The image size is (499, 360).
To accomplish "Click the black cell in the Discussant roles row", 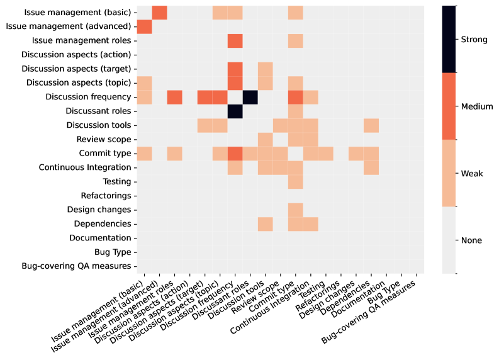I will click(235, 111).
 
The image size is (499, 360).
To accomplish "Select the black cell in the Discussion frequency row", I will click(250, 97).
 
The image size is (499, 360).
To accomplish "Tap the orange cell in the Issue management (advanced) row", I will click(144, 26).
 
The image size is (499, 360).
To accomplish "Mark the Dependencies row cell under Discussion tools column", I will click(265, 223).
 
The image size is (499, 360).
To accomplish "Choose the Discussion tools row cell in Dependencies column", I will click(371, 125).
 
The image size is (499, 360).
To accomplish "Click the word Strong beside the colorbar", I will click(474, 40).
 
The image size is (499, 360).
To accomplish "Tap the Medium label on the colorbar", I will click(476, 106).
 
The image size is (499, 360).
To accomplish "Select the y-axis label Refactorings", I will click(106, 195).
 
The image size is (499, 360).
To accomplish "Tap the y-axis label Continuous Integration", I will click(84, 167).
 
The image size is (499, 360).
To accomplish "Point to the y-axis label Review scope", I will click(103, 139).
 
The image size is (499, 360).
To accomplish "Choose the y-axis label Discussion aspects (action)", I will click(76, 55).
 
